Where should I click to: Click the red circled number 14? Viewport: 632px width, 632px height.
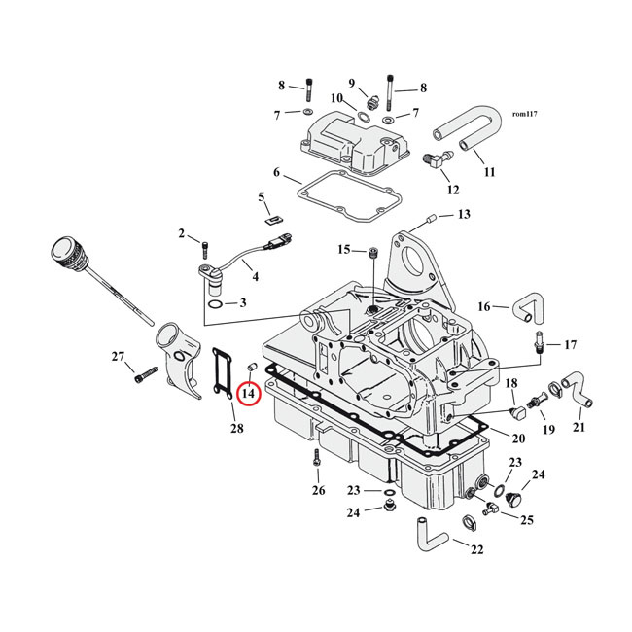click(247, 394)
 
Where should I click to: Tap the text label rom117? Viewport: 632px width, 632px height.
click(524, 114)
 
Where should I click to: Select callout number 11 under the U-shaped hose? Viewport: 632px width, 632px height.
click(489, 172)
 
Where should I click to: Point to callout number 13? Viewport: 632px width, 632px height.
click(463, 214)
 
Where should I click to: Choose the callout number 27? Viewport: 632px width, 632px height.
click(118, 357)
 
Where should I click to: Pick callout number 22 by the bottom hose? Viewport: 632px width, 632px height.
click(476, 549)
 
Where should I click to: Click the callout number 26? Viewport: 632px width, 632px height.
click(318, 490)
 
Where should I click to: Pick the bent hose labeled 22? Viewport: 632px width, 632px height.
click(430, 534)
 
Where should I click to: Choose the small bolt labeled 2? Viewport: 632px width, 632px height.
click(204, 242)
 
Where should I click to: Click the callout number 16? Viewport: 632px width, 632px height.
click(483, 307)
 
